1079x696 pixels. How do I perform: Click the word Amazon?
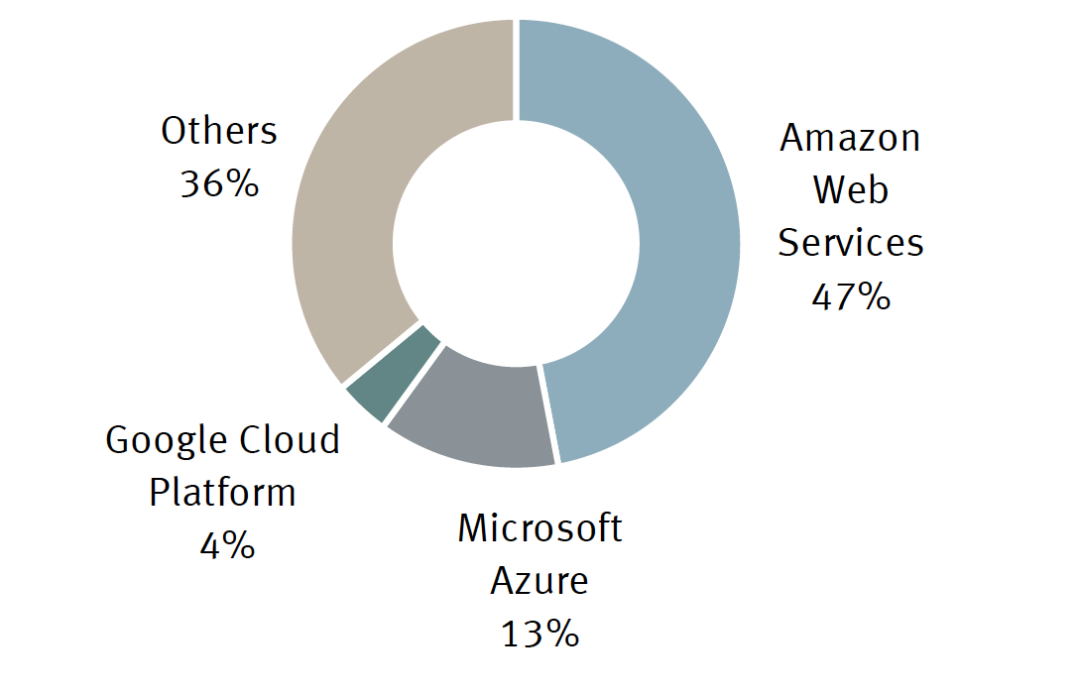pos(850,138)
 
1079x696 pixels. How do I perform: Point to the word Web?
pos(850,189)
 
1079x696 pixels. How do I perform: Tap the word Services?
pos(850,242)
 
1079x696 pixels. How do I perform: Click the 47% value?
pos(850,295)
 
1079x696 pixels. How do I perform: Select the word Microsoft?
pos(539,528)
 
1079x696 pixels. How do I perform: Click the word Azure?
pos(539,581)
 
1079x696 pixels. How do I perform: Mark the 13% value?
pos(539,634)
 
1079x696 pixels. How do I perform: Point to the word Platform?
pos(222,492)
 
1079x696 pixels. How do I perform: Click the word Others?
pos(219,131)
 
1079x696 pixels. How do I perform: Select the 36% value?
pos(219,183)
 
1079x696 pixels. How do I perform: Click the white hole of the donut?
pos(516,243)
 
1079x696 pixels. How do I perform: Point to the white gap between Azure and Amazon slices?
pos(549,414)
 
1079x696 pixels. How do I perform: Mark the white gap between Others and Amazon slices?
pos(516,69)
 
